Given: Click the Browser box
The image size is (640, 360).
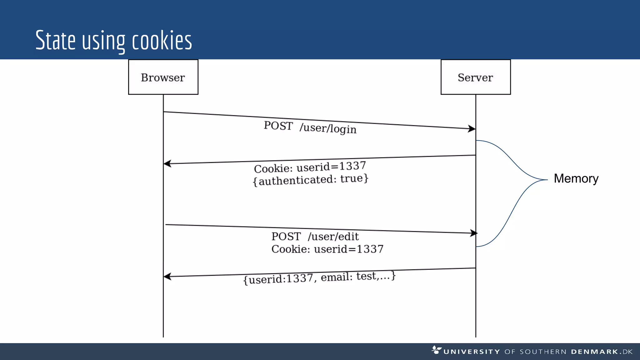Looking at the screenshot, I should [163, 77].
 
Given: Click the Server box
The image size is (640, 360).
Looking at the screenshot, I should [475, 77].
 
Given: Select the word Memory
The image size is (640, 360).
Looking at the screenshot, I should [576, 178].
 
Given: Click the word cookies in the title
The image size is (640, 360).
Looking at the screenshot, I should [162, 41].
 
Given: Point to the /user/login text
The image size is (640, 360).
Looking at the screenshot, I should [328, 128].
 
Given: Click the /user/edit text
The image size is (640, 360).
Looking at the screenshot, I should [333, 237].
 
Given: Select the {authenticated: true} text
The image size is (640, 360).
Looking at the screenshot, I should [311, 180].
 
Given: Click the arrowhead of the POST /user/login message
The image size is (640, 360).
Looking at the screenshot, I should [472, 128].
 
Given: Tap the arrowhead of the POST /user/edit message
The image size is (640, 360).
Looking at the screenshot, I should [474, 233].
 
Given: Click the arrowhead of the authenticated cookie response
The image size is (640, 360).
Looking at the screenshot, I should [167, 163].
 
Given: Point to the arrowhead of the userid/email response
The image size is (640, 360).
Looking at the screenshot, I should [167, 277].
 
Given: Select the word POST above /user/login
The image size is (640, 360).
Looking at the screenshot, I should [278, 126].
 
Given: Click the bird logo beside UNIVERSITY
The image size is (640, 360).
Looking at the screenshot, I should [436, 350].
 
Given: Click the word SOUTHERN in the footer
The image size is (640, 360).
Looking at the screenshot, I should [543, 352].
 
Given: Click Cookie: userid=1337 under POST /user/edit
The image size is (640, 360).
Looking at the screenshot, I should [327, 249].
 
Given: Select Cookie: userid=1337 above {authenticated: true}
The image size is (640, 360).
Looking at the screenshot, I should [310, 167].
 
